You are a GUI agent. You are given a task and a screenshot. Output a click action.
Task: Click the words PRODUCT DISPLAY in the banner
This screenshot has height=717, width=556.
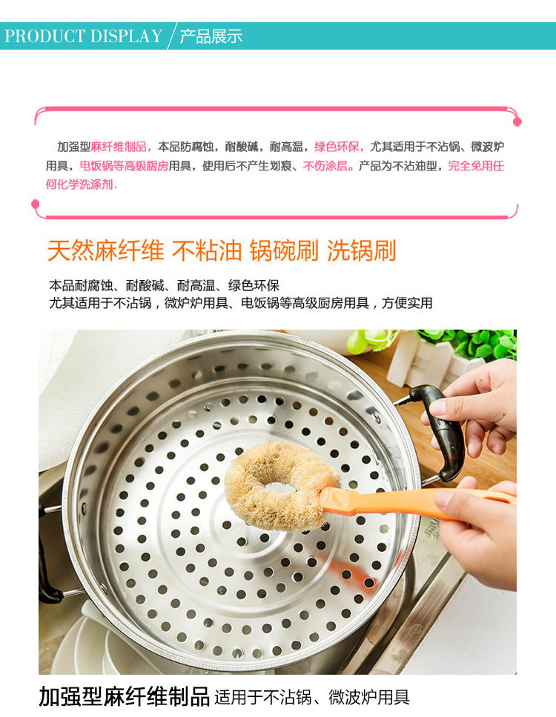click(x=83, y=36)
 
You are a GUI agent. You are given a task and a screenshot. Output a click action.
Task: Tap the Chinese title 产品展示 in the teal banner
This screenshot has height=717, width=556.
click(x=211, y=36)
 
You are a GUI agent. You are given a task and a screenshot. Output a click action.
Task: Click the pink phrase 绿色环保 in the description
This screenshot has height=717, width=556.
click(x=337, y=147)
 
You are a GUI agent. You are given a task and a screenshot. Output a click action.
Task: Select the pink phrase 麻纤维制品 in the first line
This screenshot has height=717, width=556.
click(x=119, y=147)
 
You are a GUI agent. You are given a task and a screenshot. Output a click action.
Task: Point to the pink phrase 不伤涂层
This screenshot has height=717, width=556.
click(x=325, y=165)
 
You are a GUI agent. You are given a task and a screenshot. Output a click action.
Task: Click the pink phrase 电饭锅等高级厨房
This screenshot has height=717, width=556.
click(x=124, y=165)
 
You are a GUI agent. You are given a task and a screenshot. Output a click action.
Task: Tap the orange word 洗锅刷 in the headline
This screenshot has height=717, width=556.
click(x=361, y=250)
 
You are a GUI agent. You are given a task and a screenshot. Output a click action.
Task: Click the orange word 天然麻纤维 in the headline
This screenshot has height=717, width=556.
click(x=106, y=250)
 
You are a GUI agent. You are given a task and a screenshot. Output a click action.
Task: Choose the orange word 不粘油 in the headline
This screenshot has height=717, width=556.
click(x=206, y=250)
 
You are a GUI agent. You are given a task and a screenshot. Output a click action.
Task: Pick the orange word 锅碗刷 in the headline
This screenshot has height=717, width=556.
click(x=284, y=250)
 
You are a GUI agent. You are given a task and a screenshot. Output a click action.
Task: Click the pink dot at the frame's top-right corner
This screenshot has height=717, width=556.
click(x=517, y=121)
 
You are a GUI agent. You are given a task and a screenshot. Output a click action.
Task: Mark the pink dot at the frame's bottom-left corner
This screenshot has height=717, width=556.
click(x=36, y=204)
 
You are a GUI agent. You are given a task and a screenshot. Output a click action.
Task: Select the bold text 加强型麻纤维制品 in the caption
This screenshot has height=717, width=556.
click(x=124, y=696)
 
